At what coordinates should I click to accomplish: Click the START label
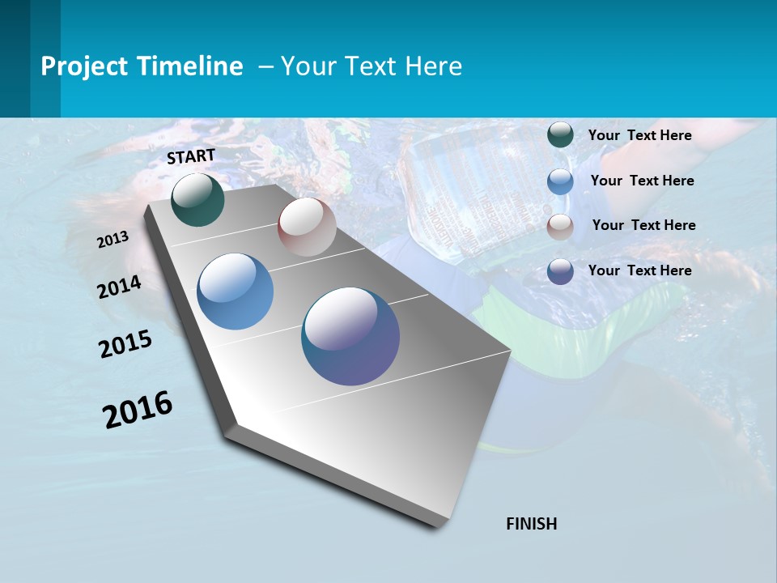click(x=191, y=156)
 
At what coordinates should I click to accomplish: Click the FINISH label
click(x=532, y=524)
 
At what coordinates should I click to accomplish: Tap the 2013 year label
click(x=113, y=240)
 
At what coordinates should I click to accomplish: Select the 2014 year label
click(x=120, y=287)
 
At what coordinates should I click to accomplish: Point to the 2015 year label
click(x=125, y=343)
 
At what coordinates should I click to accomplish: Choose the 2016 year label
click(x=138, y=409)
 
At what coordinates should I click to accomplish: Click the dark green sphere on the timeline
click(x=197, y=199)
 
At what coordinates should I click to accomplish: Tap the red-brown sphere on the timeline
click(x=307, y=227)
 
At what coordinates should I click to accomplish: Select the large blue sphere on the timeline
click(x=236, y=291)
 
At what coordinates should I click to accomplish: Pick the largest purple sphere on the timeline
click(x=350, y=336)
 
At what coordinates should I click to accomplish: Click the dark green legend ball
click(x=560, y=135)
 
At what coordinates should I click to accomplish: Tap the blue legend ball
click(x=560, y=181)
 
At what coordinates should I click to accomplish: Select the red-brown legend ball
click(x=560, y=226)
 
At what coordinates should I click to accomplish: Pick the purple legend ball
click(x=560, y=270)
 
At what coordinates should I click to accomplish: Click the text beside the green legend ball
click(x=639, y=135)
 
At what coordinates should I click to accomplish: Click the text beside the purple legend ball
click(x=639, y=270)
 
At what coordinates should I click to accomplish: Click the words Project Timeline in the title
click(x=142, y=66)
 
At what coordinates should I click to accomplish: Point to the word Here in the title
click(x=433, y=66)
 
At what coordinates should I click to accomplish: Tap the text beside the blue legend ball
click(x=642, y=181)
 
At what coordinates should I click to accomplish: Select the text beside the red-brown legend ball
click(x=643, y=225)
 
